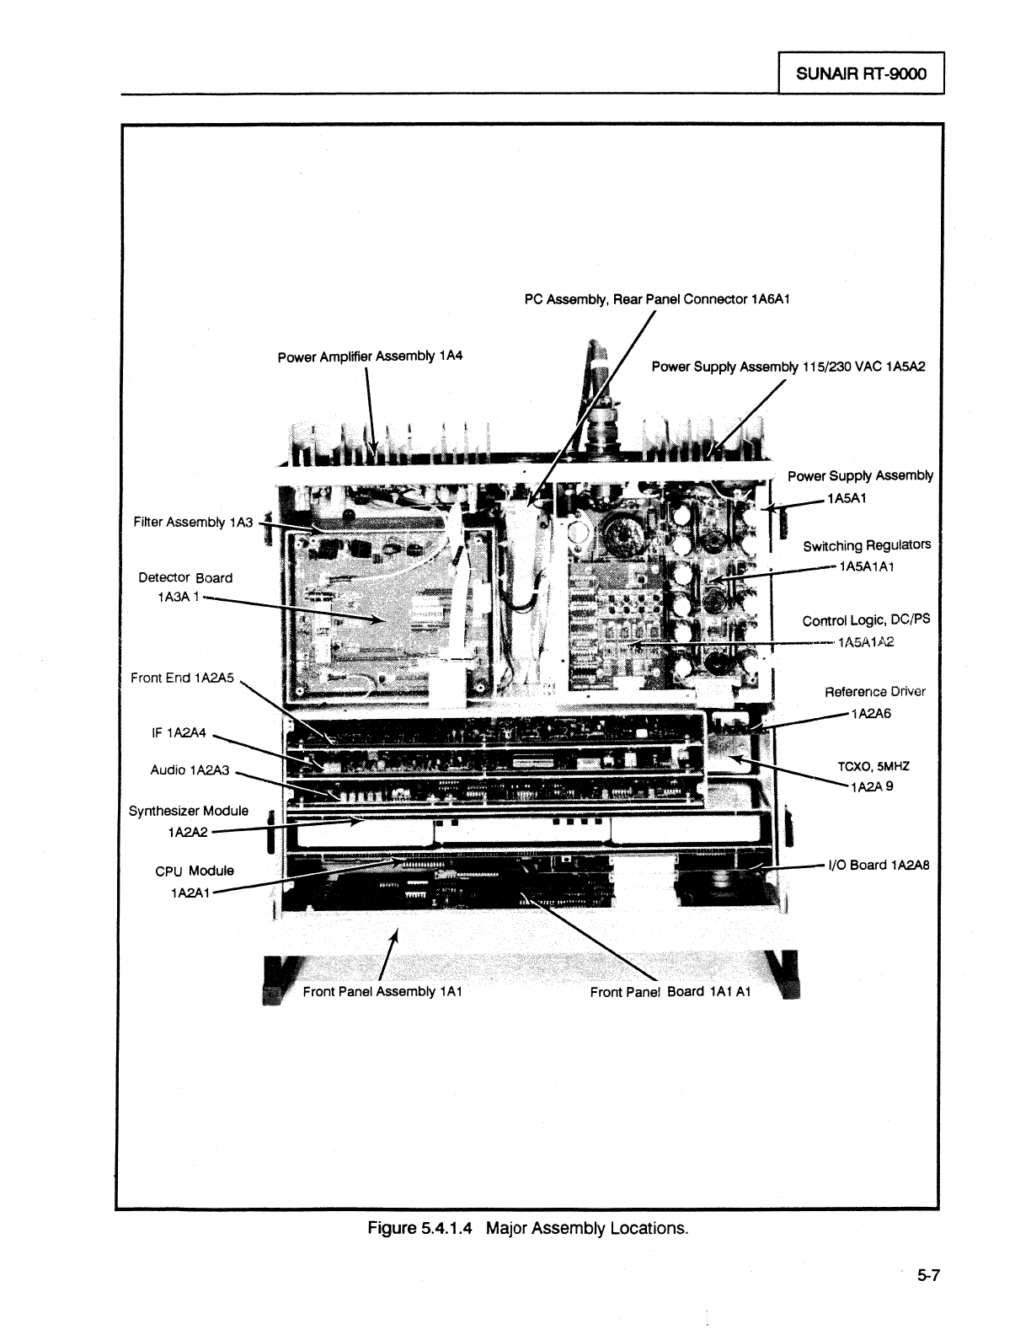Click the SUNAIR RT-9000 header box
click(x=861, y=73)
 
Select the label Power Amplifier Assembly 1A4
click(x=371, y=357)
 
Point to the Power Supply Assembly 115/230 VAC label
click(x=788, y=367)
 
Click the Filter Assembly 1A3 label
click(x=193, y=523)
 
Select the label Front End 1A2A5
click(x=182, y=677)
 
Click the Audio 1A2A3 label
click(x=190, y=769)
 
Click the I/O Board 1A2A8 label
click(x=879, y=865)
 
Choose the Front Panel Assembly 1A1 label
click(x=382, y=991)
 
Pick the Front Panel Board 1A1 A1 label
click(x=670, y=991)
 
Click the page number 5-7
click(x=928, y=1276)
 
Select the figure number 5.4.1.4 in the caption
click(x=447, y=1227)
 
